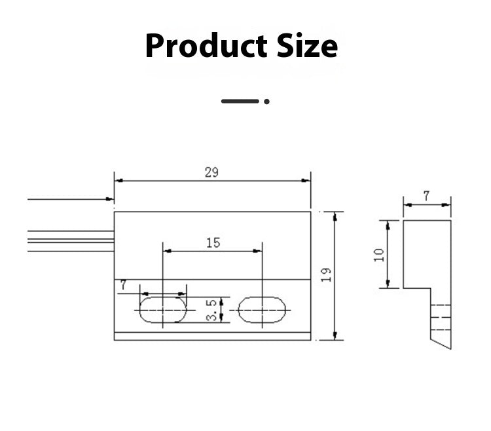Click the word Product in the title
tap(206, 46)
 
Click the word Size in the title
tap(307, 45)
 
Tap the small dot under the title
tap(267, 102)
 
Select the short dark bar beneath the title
tap(240, 101)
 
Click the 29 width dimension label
tap(211, 172)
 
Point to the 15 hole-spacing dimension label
tap(213, 243)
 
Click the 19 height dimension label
tap(326, 274)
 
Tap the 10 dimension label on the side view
tap(379, 255)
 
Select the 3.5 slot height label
tap(211, 310)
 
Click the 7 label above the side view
tap(426, 196)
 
